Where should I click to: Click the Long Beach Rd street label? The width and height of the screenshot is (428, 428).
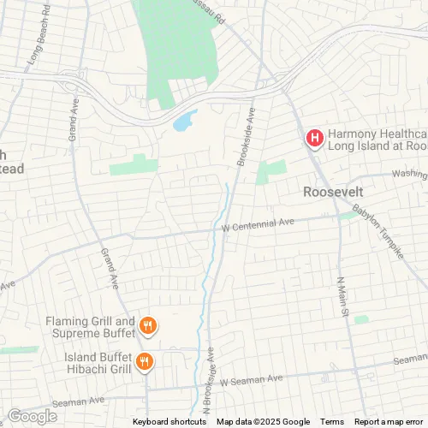click(39, 40)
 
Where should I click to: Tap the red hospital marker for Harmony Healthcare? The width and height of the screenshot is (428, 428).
click(314, 137)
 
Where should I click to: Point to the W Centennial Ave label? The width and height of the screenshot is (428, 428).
click(257, 223)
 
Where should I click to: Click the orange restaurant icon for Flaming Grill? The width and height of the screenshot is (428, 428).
click(148, 324)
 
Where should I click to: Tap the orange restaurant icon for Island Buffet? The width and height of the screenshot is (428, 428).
click(144, 362)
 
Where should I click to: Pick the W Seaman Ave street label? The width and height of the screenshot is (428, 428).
click(251, 379)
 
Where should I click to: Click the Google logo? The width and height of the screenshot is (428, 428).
click(32, 417)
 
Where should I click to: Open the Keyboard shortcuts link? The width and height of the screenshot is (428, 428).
click(169, 422)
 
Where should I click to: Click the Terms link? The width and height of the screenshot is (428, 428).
click(332, 422)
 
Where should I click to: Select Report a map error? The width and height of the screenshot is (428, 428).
click(389, 422)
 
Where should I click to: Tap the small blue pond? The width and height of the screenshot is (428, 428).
click(184, 122)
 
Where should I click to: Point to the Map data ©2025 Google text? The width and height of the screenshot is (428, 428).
click(264, 422)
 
